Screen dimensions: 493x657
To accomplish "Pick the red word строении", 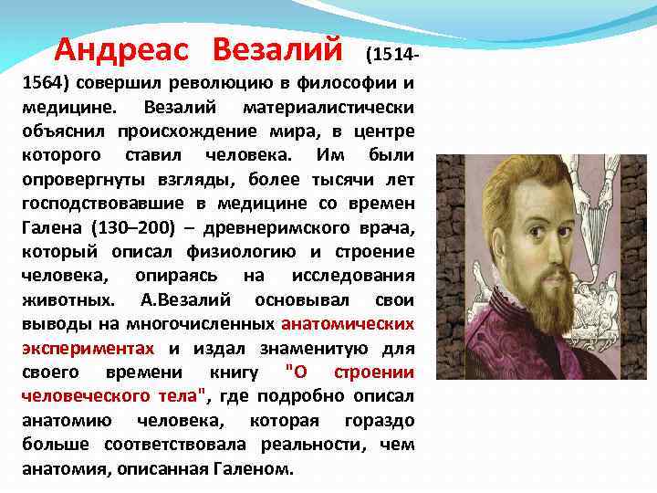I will coord(374,372).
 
